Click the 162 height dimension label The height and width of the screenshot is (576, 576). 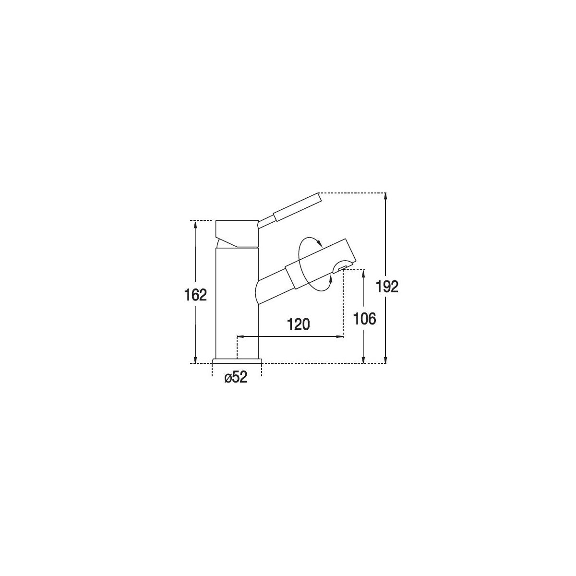tap(195, 295)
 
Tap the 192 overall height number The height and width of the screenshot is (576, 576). tap(387, 287)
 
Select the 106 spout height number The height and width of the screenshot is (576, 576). tap(364, 319)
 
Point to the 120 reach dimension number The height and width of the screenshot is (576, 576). tap(298, 324)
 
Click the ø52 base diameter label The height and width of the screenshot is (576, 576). tap(236, 378)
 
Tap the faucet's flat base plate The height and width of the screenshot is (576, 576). tap(237, 360)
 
